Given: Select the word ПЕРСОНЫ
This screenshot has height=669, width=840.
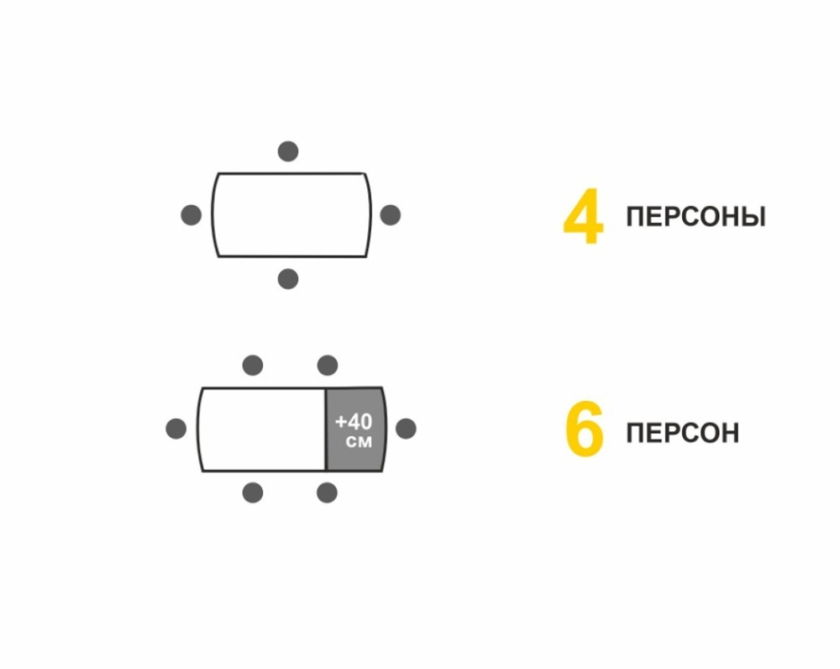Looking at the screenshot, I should point(696,217).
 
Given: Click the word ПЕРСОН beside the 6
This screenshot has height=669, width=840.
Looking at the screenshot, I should point(682,434).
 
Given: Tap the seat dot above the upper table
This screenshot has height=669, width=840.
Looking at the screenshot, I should point(288,151).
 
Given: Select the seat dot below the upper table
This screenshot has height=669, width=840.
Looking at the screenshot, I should point(288,279).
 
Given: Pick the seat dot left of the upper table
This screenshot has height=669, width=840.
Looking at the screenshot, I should point(192,215).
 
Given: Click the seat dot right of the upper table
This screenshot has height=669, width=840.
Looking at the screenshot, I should point(390,215).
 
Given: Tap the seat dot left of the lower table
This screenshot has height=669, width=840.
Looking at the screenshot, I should point(176,429).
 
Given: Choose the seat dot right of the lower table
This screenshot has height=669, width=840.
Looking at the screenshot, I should point(406,429).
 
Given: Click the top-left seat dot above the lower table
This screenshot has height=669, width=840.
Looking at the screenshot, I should point(253,366).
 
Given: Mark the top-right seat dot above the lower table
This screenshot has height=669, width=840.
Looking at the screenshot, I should point(328,366).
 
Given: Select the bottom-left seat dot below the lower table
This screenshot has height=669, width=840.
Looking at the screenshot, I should point(253,493).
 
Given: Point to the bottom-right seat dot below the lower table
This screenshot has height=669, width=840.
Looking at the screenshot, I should point(328,493).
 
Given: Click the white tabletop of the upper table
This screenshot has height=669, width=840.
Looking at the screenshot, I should point(291,215).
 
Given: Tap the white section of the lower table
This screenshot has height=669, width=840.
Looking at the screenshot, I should point(262,429).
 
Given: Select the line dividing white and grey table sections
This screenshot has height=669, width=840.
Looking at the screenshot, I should point(326,429).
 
